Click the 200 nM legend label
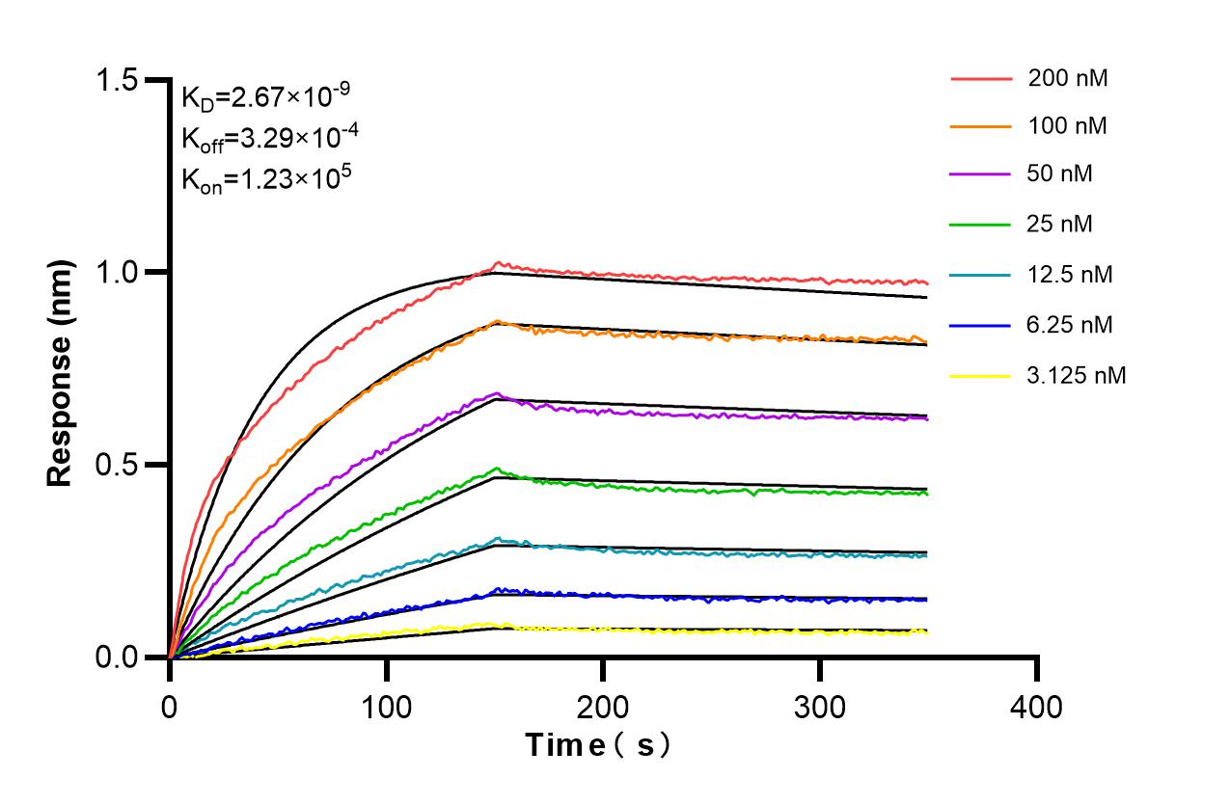coord(1068,78)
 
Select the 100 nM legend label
coord(1068,126)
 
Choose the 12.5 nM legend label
coord(1071,275)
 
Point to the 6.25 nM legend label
coord(1071,325)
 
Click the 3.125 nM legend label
coord(1077,375)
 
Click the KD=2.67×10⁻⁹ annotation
coord(265,96)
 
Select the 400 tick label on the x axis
coord(1036,708)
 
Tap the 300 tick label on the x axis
coord(819,708)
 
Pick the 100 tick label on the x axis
coord(386,708)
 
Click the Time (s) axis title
coord(598,745)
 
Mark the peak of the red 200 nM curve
coord(498,262)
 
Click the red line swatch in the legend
coord(981,78)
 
